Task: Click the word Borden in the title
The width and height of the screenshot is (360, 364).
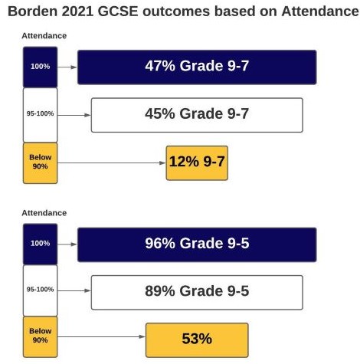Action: click(x=33, y=11)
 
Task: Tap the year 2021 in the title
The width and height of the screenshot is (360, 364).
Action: click(x=77, y=11)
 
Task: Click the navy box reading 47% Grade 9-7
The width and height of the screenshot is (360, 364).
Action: click(x=197, y=67)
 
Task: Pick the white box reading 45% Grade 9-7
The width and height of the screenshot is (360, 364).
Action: click(x=197, y=115)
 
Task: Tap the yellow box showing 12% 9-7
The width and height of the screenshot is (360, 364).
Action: click(x=197, y=163)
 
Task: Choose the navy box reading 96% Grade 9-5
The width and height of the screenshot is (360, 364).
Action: click(x=197, y=244)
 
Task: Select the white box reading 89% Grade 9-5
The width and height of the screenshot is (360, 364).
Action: click(x=197, y=292)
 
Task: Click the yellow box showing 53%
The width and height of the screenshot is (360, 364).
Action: click(x=197, y=340)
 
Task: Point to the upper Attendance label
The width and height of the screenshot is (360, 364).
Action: click(x=44, y=36)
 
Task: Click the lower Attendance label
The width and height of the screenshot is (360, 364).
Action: click(x=44, y=213)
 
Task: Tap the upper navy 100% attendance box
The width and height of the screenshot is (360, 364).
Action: click(x=40, y=67)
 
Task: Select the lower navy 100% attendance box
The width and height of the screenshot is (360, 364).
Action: click(x=40, y=244)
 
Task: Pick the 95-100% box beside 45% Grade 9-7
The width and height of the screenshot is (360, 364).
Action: click(x=40, y=115)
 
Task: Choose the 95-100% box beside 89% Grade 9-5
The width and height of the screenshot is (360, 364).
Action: click(x=40, y=290)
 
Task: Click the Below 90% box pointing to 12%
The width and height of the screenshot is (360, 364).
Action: click(x=40, y=163)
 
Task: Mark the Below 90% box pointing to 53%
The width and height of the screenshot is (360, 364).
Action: click(x=40, y=336)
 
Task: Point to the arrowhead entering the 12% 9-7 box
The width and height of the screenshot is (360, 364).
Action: click(x=162, y=163)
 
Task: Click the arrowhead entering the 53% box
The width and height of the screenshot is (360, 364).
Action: click(x=142, y=336)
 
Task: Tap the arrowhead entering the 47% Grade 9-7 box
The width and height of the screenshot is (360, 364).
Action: click(x=74, y=67)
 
